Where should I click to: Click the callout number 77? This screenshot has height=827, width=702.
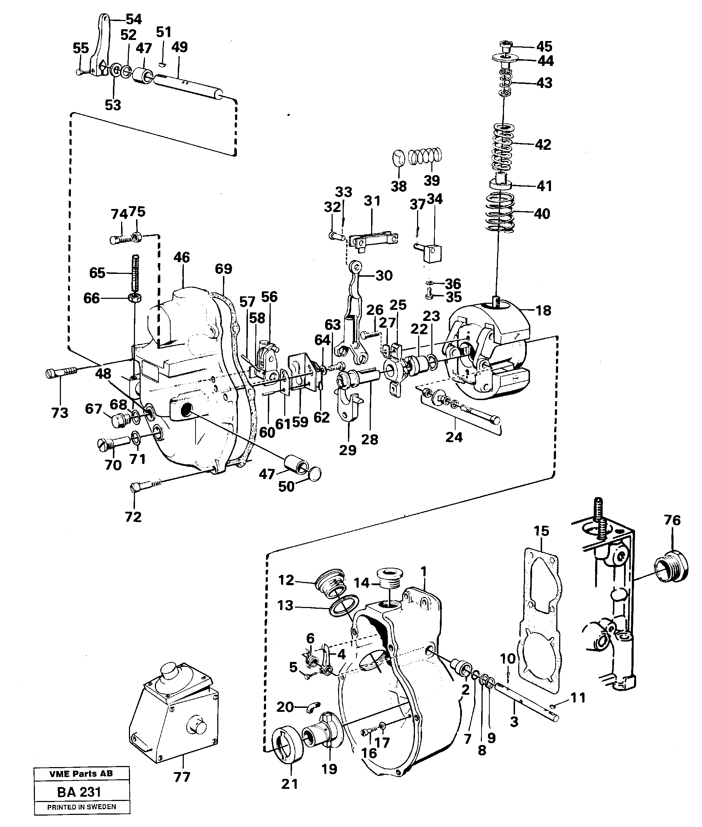tap(182, 777)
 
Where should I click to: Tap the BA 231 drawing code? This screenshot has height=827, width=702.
tap(79, 792)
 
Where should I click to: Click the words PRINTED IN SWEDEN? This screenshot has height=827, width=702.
tap(82, 807)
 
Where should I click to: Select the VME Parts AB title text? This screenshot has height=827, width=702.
tap(81, 774)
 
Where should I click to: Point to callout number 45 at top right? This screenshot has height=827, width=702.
tap(544, 47)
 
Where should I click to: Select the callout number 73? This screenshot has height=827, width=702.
tap(60, 413)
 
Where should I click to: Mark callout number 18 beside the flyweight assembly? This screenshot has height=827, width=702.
tap(544, 310)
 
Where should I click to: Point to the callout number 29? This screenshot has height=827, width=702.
tap(347, 450)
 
